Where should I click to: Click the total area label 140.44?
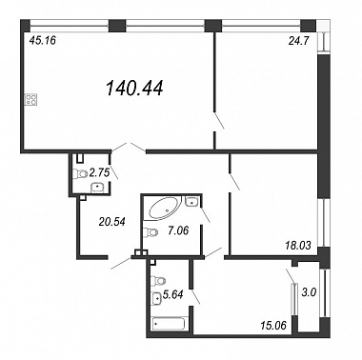134,88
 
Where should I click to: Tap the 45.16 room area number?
42,40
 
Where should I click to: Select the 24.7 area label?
298,41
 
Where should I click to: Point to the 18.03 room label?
297,246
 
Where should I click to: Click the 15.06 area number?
273,325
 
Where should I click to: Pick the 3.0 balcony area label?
309,292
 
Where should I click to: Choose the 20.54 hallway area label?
111,222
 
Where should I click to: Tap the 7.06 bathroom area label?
178,230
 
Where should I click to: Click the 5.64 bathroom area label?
172,295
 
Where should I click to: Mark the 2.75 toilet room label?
99,172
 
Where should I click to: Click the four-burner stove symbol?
31,100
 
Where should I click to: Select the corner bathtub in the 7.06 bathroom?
163,209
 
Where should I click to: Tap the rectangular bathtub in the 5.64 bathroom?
169,324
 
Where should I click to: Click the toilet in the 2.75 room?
80,173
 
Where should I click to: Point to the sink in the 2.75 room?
97,188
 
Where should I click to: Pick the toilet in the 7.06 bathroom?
151,232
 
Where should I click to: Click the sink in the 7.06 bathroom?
191,201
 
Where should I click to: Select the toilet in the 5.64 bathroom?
159,281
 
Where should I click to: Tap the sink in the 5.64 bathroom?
157,298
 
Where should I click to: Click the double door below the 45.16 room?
129,148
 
